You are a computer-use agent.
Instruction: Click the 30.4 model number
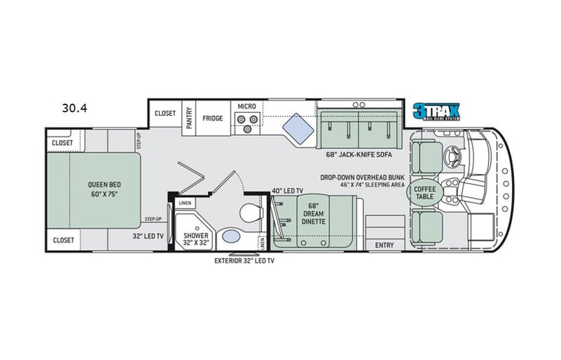pyautogui.click(x=75, y=108)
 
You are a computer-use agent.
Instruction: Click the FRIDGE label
pyautogui.click(x=213, y=119)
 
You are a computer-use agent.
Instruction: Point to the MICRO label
pyautogui.click(x=246, y=106)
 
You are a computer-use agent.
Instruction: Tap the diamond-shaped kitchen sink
pyautogui.click(x=294, y=124)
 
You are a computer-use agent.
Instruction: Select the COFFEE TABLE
pyautogui.click(x=424, y=192)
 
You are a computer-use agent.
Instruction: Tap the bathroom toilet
pyautogui.click(x=249, y=212)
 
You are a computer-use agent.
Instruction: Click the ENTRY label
pyautogui.click(x=384, y=246)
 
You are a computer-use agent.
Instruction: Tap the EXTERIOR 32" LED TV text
pyautogui.click(x=244, y=261)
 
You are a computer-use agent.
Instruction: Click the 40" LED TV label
pyautogui.click(x=287, y=190)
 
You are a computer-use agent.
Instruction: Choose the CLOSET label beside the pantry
pyautogui.click(x=165, y=113)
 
